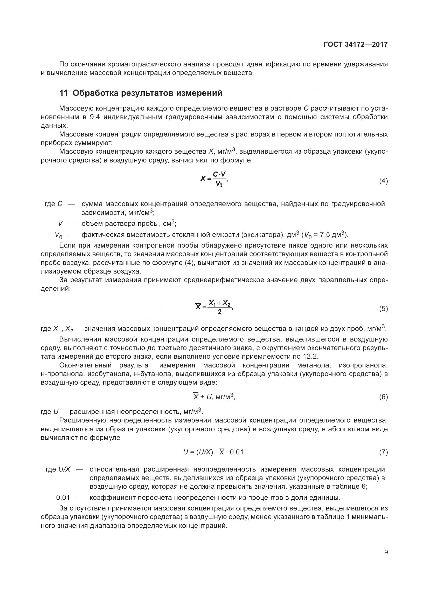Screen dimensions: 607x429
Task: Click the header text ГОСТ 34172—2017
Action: click(x=356, y=44)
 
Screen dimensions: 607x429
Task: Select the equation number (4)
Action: click(x=383, y=181)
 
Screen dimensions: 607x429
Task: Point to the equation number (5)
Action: click(x=383, y=309)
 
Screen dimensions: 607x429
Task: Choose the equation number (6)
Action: click(x=383, y=397)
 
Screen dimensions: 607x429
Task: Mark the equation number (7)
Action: click(x=383, y=452)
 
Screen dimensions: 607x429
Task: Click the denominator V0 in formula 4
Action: click(x=219, y=184)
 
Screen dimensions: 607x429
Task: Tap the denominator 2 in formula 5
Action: click(x=219, y=312)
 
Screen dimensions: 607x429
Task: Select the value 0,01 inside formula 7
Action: click(x=237, y=452)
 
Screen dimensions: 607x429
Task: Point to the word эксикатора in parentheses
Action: click(x=261, y=235)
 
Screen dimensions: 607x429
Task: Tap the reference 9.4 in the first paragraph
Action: click(x=95, y=117)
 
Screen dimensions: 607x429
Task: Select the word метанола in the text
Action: click(x=313, y=365)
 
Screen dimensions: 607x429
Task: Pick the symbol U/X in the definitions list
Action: click(x=65, y=469)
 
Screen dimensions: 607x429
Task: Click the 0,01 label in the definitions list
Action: click(x=63, y=497)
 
